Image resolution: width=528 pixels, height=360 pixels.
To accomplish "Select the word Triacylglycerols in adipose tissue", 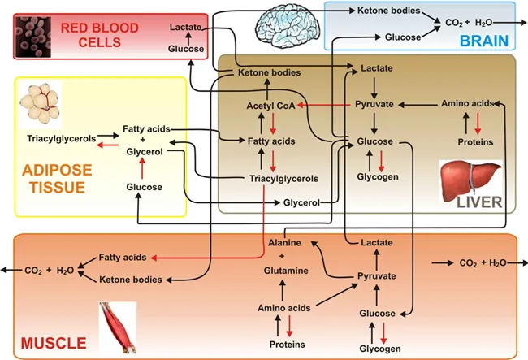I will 60,137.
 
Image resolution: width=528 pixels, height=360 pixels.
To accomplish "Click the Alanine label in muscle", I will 284,242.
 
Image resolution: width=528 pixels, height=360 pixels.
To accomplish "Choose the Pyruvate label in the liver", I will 374,105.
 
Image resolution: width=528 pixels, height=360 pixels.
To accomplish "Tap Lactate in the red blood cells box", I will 186,28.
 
